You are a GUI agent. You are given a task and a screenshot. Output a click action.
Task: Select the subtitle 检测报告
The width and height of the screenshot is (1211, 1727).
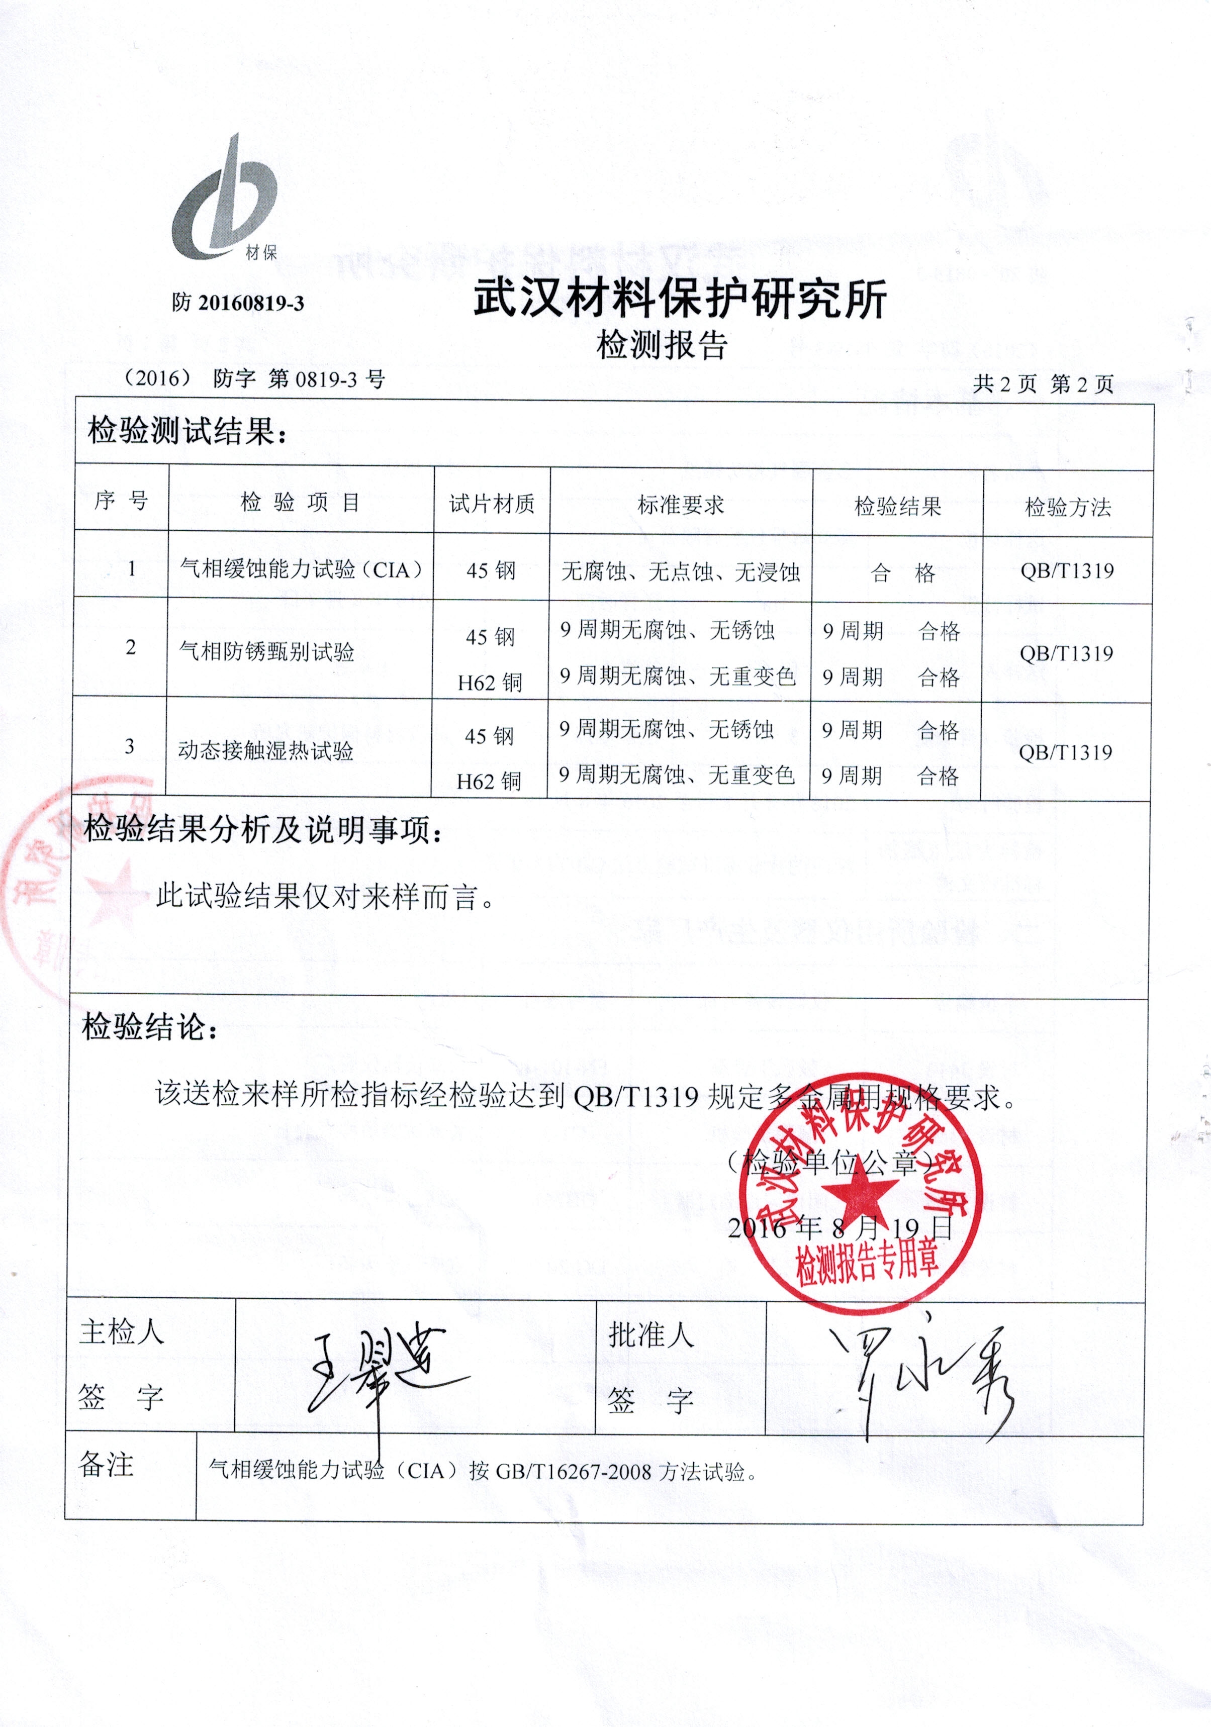[662, 345]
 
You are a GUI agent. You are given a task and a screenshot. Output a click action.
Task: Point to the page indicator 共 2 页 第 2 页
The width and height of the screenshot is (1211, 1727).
[1043, 385]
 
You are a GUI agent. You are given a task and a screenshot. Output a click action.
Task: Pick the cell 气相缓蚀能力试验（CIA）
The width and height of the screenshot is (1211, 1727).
[301, 569]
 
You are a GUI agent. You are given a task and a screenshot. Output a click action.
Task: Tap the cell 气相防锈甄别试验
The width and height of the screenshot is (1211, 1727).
[266, 651]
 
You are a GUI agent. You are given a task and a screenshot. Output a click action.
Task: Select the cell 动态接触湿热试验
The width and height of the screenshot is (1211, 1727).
[265, 750]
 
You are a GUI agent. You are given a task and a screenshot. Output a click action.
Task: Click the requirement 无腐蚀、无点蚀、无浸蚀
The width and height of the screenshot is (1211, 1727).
[681, 572]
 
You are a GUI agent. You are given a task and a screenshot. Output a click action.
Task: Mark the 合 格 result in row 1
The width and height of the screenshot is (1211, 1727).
[903, 573]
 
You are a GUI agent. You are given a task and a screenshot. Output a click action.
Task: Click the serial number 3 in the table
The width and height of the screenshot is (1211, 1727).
[129, 746]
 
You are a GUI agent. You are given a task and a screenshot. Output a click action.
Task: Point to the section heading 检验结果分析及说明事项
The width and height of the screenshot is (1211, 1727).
[263, 830]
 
